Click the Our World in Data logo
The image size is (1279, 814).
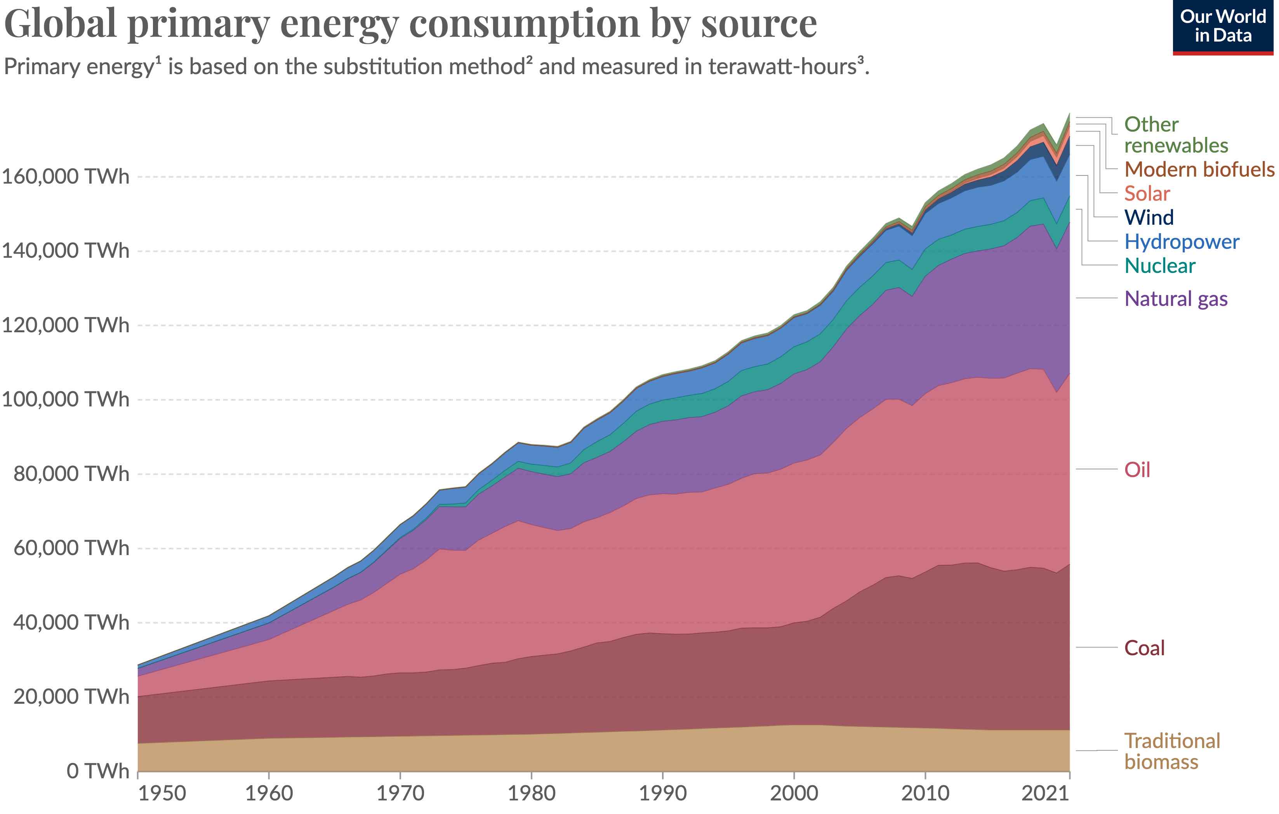point(1222,26)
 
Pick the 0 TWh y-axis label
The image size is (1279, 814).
point(98,771)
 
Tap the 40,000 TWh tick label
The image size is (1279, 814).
point(71,622)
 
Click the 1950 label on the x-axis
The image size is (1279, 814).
point(162,794)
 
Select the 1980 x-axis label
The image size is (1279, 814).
point(531,794)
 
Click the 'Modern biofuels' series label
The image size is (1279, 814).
point(1199,169)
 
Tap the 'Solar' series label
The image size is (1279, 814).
point(1147,194)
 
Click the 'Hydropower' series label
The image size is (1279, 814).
point(1181,242)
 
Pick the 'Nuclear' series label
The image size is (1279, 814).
point(1159,266)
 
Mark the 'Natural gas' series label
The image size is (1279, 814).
point(1175,299)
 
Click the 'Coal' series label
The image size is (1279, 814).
point(1144,648)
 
